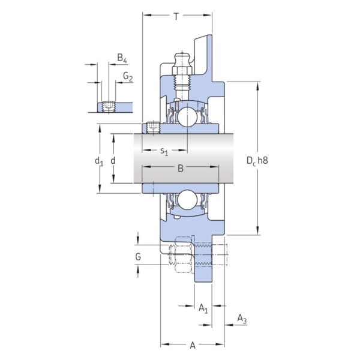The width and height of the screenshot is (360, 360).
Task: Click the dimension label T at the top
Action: [176, 17]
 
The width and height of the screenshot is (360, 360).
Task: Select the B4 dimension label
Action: [122, 58]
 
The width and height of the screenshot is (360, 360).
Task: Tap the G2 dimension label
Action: [128, 76]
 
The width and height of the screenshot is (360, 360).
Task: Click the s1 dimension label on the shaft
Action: [164, 152]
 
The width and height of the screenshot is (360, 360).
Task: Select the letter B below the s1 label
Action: [180, 170]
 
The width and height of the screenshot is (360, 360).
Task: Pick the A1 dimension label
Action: [203, 308]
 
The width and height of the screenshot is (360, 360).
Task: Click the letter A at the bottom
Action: [192, 345]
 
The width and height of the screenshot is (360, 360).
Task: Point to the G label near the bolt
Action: [139, 257]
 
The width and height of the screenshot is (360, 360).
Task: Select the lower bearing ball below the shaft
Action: [187, 199]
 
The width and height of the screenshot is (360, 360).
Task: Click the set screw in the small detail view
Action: [109, 107]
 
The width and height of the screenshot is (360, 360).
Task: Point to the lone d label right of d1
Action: [113, 161]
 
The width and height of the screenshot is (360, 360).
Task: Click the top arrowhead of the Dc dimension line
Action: [258, 85]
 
